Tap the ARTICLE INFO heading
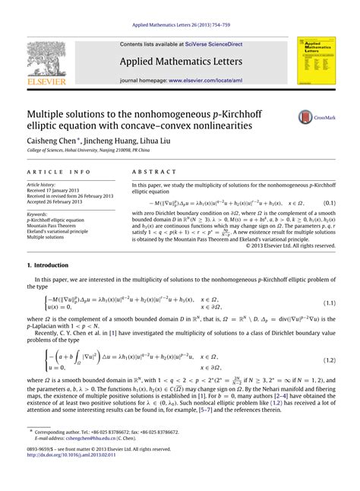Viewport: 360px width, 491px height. [x=49, y=173]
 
